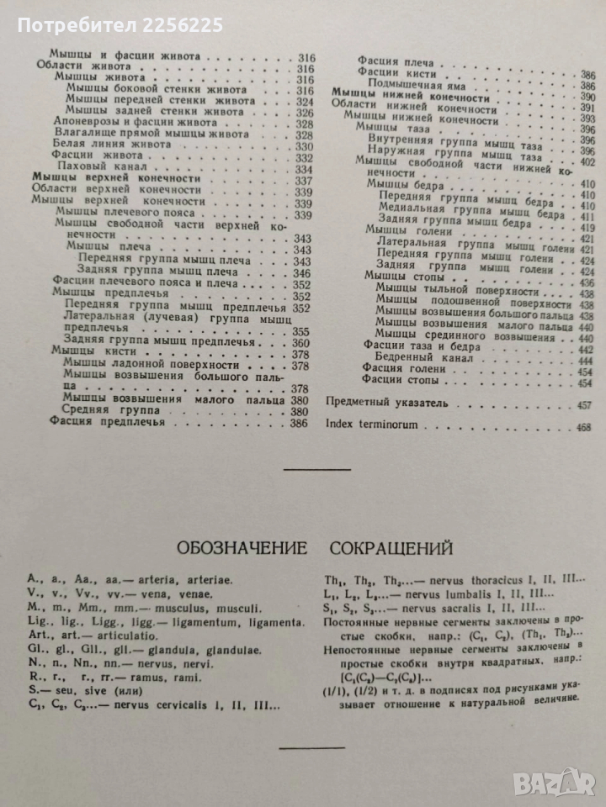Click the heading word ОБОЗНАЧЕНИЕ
(239, 549)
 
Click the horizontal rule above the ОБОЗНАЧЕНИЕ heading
(318, 468)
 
